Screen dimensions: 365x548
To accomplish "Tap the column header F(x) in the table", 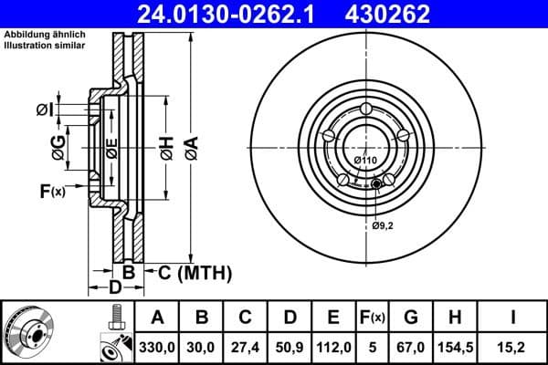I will [374, 318].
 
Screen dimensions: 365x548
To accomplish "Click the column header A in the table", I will [157, 318].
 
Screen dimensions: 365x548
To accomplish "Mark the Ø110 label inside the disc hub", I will [365, 161].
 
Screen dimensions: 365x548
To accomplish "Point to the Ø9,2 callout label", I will [383, 224].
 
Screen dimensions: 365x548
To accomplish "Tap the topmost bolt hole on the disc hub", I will [365, 111].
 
